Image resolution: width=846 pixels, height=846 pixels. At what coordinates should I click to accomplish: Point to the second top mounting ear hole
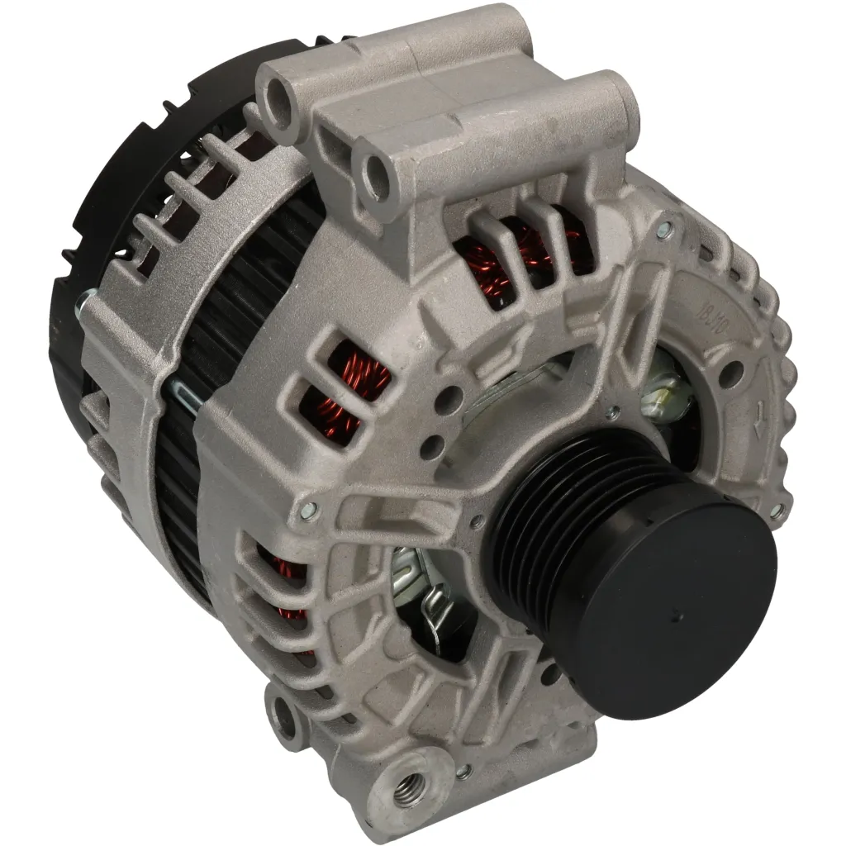(376, 171)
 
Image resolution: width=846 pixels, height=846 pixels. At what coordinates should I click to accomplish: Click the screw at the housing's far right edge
(777, 513)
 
